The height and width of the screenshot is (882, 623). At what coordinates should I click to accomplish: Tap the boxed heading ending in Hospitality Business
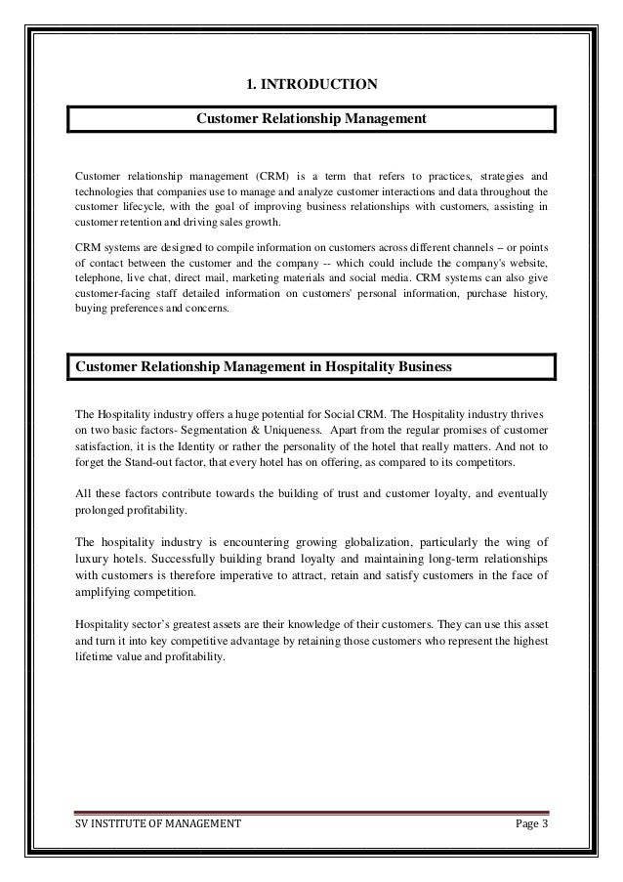point(264,367)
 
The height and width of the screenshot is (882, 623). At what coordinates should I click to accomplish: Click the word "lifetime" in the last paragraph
point(96,658)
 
